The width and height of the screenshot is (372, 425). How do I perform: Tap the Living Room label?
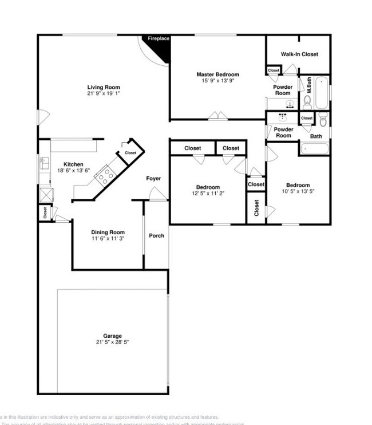tap(104, 87)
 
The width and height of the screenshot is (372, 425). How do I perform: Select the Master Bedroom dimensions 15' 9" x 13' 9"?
tap(217, 81)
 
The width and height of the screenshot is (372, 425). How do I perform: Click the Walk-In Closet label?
tap(299, 54)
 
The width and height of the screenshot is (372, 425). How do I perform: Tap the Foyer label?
tap(153, 179)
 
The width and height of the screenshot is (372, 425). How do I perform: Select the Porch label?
tap(156, 235)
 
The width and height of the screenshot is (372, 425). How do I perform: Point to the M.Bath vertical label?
tap(308, 86)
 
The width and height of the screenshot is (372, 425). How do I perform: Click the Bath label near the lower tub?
tap(316, 136)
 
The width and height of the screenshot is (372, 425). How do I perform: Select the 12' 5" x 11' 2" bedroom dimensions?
tap(207, 194)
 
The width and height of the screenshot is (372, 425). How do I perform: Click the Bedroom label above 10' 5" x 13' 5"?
tap(298, 185)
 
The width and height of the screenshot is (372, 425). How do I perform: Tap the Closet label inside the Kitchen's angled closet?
tap(130, 153)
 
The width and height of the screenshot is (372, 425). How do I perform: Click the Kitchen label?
tap(73, 164)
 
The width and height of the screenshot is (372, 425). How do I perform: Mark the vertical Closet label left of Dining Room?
tap(45, 213)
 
